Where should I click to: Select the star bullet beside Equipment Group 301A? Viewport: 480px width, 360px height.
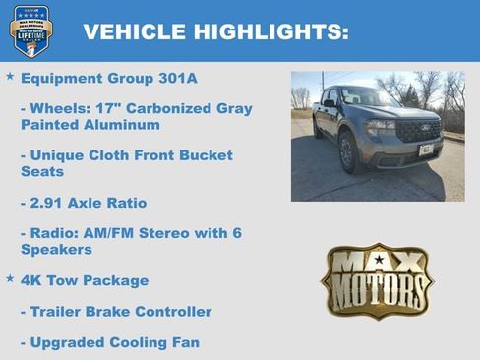(10, 76)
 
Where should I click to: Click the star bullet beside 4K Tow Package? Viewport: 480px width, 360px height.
(10, 279)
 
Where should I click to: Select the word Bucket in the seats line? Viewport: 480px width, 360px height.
(200, 155)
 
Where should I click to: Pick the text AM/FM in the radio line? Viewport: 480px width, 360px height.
(107, 233)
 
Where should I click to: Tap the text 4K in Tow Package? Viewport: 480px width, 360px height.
(32, 280)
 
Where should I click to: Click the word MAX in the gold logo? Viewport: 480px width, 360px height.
(378, 264)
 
